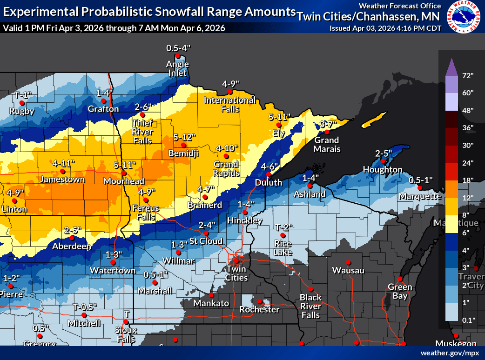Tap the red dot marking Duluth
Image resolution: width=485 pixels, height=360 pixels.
click(269, 174)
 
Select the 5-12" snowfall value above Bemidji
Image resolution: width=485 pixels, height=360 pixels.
click(184, 137)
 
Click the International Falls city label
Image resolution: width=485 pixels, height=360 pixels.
click(230, 105)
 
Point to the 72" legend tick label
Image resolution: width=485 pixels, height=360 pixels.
click(468, 75)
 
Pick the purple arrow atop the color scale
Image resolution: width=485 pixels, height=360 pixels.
click(451, 67)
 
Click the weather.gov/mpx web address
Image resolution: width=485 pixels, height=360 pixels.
click(450, 353)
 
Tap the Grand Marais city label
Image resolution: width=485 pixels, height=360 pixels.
click(327, 145)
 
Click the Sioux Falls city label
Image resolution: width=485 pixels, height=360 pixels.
click(126, 334)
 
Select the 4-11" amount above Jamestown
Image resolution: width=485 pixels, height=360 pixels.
click(63, 163)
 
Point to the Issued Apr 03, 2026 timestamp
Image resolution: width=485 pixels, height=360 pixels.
click(385, 28)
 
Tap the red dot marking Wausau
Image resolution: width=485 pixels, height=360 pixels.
click(348, 262)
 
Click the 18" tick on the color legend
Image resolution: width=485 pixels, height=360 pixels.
click(468, 180)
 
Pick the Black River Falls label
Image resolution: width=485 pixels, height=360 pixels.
click(310, 306)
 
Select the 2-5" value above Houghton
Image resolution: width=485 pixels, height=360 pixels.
click(384, 153)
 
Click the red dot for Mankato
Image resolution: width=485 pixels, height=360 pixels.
click(211, 295)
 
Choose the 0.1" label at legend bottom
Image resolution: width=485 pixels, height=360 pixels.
click(468, 320)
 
